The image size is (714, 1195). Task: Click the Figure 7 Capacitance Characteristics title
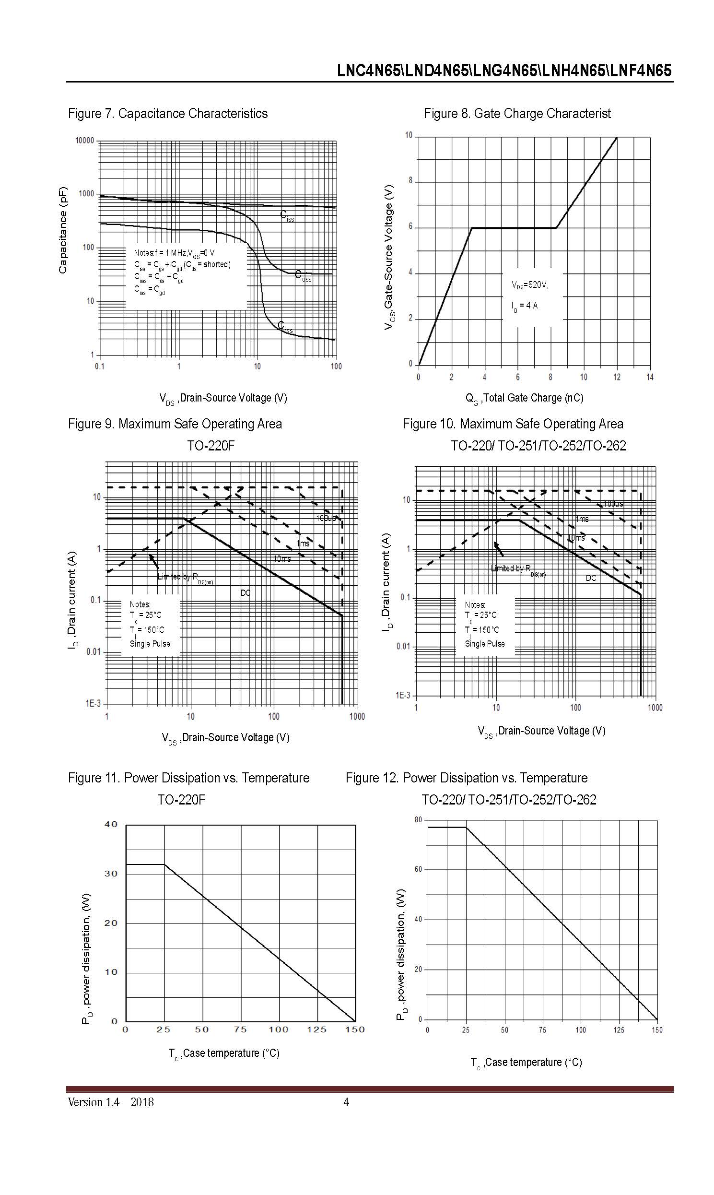(x=167, y=114)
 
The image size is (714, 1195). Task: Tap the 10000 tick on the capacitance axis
(x=85, y=141)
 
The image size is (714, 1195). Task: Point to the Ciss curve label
(x=287, y=216)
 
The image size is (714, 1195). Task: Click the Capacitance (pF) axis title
(x=63, y=230)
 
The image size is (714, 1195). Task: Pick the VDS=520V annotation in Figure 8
(x=530, y=285)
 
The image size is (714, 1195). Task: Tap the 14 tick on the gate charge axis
(x=650, y=378)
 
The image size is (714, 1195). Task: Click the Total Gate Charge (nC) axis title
(x=524, y=399)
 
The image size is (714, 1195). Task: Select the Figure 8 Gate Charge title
(x=517, y=114)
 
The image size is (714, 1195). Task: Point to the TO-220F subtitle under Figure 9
(x=211, y=446)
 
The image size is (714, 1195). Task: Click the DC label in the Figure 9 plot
(x=246, y=592)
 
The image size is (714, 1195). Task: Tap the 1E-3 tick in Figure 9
(x=94, y=704)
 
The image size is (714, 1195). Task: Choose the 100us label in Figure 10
(x=613, y=504)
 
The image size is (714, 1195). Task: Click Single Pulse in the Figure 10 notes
(x=484, y=644)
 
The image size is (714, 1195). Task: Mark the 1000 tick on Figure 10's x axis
(x=655, y=708)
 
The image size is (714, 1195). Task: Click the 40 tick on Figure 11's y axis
(x=111, y=825)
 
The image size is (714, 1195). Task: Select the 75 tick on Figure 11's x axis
(x=240, y=1029)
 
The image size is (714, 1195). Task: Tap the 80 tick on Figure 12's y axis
(x=418, y=819)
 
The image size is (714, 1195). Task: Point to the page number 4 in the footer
(x=346, y=1102)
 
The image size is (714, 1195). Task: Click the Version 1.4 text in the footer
(x=94, y=1102)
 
